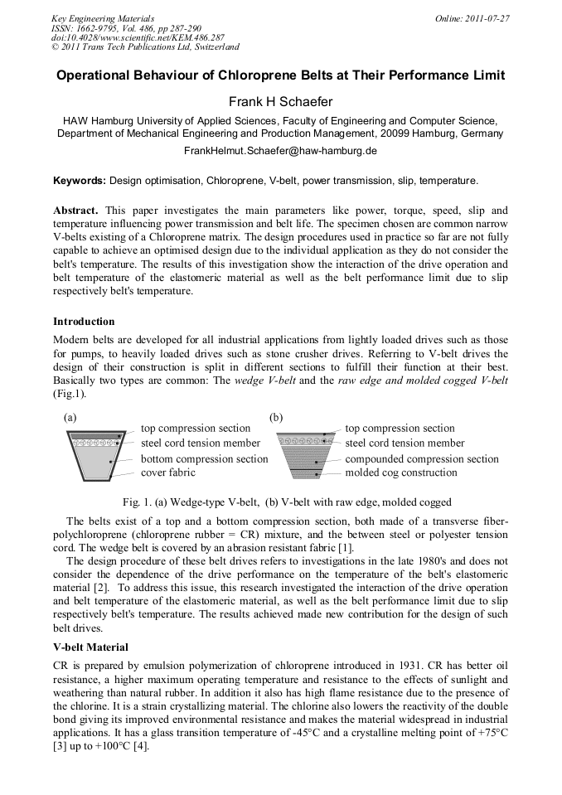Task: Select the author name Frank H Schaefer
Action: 280,102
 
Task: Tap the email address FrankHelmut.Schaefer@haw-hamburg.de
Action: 280,151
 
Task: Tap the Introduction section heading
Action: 84,321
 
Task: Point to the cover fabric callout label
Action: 167,473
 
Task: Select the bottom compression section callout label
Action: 204,458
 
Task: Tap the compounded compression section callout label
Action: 421,458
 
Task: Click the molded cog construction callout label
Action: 400,473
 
